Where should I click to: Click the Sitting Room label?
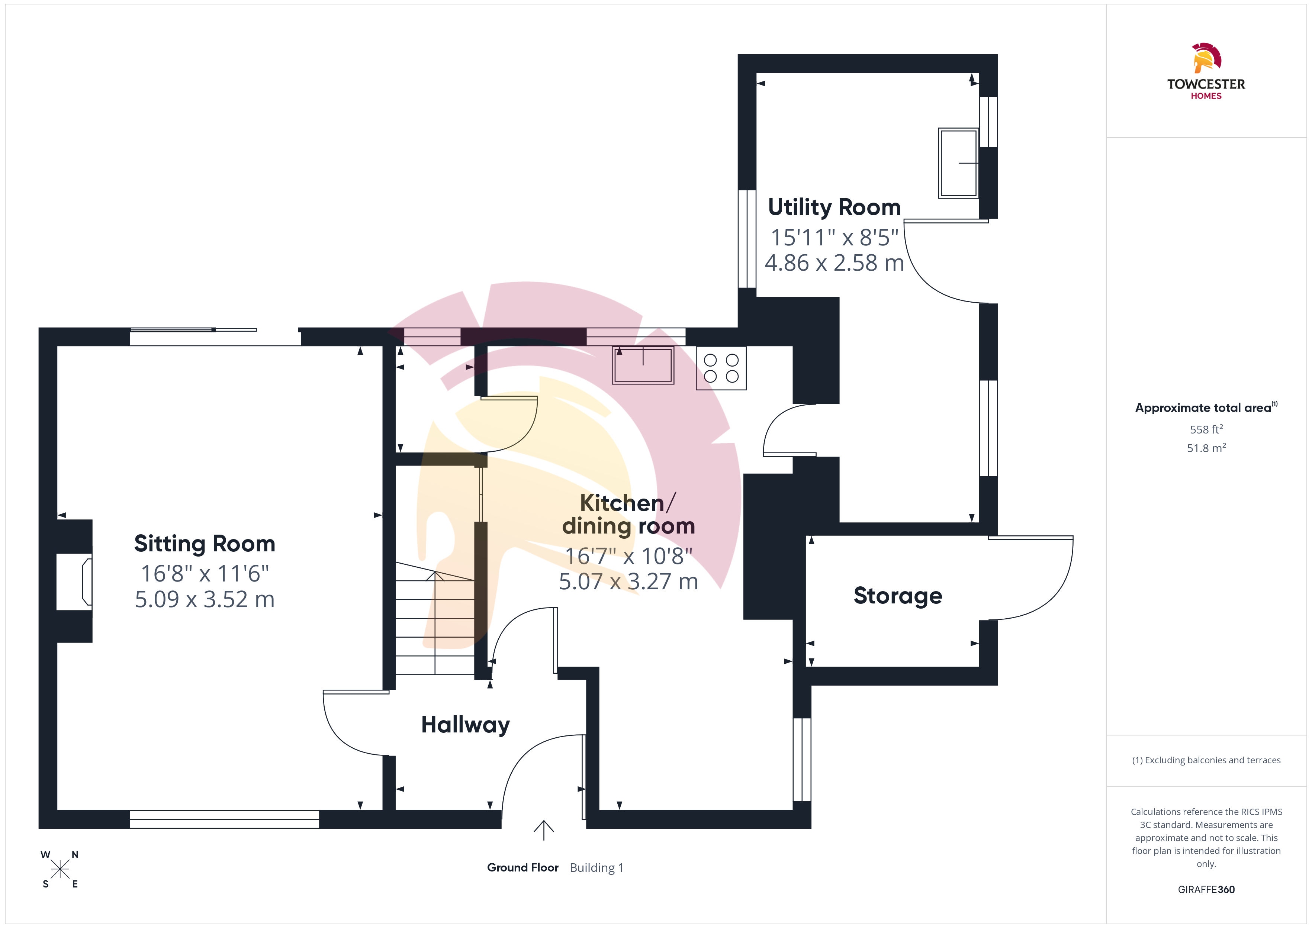205,544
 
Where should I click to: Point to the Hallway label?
465,725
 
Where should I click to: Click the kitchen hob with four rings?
721,368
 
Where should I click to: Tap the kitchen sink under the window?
643,365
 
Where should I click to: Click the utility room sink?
958,163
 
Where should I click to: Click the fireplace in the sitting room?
75,581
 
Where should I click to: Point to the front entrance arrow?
543,830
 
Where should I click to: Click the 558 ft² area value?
1206,429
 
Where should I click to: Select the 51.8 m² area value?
1206,448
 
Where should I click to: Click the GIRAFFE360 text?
1206,890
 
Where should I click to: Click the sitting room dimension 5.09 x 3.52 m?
205,599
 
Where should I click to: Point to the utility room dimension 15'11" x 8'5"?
834,237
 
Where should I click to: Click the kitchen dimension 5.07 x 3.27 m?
628,582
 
